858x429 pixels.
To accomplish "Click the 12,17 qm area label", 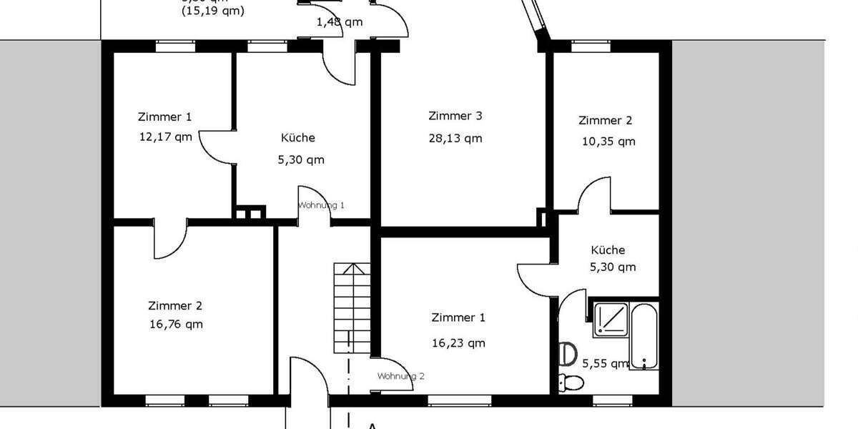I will click(x=166, y=137).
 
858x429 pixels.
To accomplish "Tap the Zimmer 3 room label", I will click(x=455, y=116).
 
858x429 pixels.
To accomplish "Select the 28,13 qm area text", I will click(x=455, y=138).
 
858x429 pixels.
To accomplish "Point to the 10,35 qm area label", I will click(x=608, y=142).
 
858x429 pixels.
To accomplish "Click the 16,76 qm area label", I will click(x=176, y=324).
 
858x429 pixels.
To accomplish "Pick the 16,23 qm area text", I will click(x=458, y=342).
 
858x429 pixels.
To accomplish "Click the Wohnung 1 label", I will click(x=321, y=205).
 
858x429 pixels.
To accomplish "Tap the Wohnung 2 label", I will click(x=401, y=376).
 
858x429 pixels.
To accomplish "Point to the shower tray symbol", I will click(x=611, y=320).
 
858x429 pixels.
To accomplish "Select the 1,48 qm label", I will click(x=340, y=21).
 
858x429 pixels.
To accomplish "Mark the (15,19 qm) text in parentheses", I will click(x=212, y=11).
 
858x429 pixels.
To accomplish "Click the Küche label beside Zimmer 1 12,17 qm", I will click(x=297, y=137).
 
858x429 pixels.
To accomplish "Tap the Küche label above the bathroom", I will click(x=608, y=250).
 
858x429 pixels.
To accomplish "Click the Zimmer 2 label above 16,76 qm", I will click(x=175, y=305).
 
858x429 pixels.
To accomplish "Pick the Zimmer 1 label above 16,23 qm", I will click(x=458, y=317).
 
